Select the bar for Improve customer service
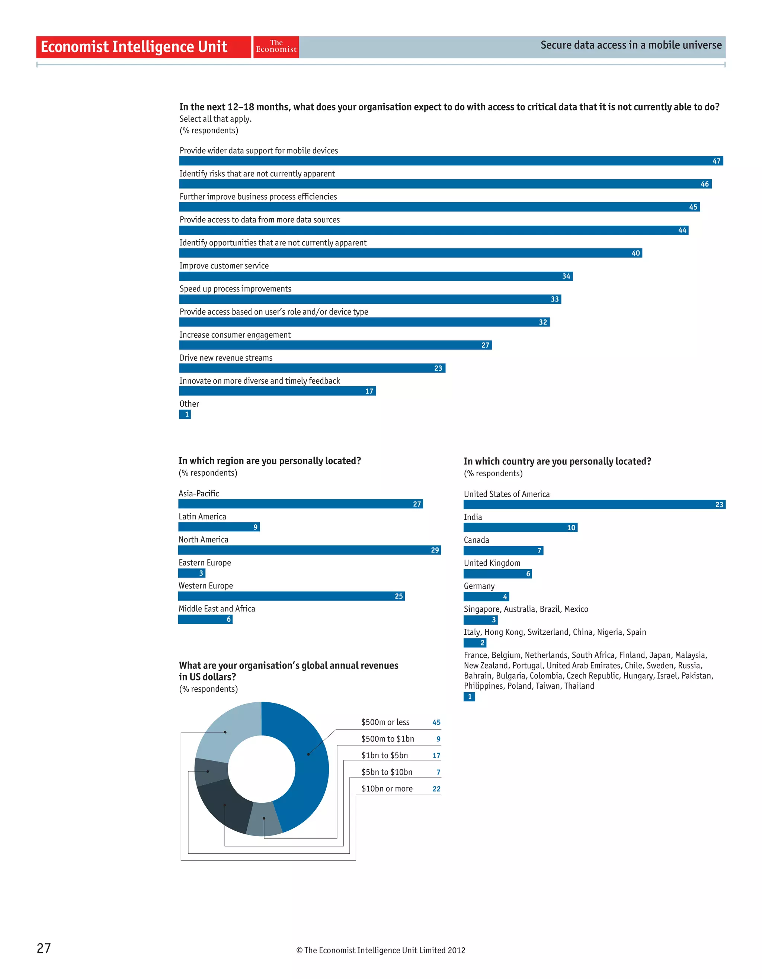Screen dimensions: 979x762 375,276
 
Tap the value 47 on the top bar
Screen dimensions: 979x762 716,161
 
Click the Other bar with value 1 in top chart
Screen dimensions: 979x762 185,414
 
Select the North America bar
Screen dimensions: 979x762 310,550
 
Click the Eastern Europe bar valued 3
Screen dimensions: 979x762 192,573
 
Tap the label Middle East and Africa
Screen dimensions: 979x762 217,608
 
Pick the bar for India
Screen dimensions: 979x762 520,528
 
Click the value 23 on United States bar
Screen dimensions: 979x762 719,505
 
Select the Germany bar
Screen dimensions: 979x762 486,597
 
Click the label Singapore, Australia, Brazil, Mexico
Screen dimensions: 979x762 526,609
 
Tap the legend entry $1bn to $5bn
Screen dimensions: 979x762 384,755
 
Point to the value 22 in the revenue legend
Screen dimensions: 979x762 436,789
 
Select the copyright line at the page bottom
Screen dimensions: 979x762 380,950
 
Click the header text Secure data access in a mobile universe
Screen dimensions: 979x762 631,45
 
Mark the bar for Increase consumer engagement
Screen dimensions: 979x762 335,345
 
